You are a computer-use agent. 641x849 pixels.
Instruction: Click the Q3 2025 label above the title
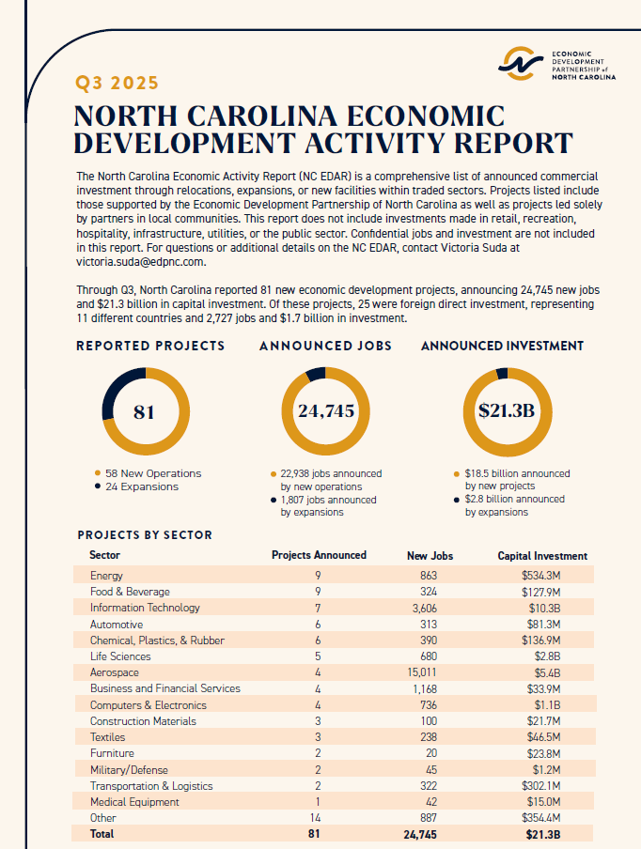[x=118, y=83]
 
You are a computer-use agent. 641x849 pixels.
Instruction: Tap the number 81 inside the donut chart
[x=144, y=411]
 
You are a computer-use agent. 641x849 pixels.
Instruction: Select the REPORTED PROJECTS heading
[x=150, y=346]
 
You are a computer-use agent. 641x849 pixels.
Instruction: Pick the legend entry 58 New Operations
[x=151, y=473]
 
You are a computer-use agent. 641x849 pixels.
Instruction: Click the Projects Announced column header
[x=319, y=555]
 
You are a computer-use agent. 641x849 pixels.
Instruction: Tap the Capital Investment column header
[x=542, y=556]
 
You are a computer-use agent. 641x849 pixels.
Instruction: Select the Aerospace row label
[x=114, y=672]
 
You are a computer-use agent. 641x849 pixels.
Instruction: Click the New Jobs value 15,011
[x=430, y=672]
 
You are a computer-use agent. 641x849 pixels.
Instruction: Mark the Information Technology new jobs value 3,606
[x=430, y=608]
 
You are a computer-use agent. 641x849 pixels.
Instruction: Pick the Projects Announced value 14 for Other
[x=319, y=818]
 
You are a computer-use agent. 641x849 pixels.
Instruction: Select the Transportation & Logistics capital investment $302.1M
[x=541, y=786]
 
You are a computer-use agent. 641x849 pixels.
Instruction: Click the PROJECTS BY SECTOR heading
[x=145, y=535]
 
